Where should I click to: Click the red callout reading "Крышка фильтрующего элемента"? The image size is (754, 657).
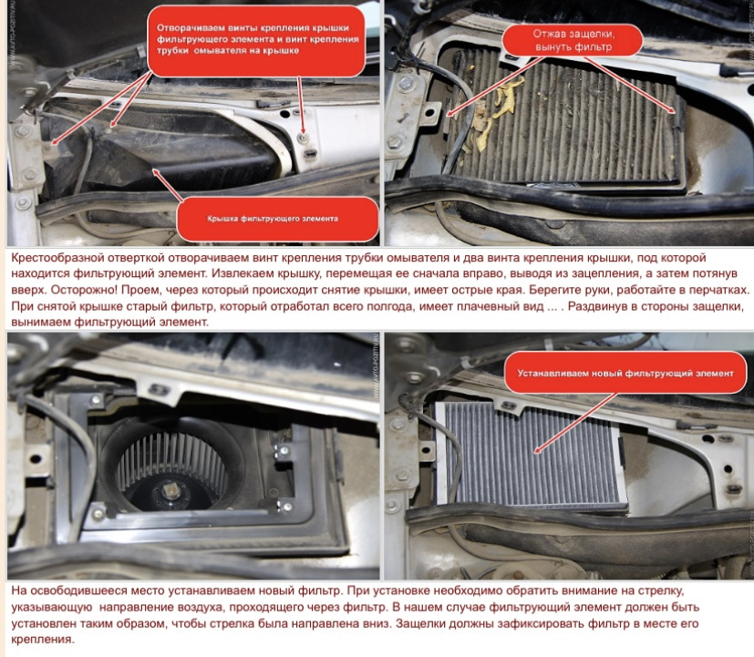coord(277,219)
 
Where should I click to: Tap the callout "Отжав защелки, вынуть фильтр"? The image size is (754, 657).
coord(573,40)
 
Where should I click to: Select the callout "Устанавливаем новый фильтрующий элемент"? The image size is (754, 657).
coord(625,373)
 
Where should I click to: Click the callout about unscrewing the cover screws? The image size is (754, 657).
coord(257,40)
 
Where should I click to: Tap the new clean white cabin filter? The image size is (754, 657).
coord(532,454)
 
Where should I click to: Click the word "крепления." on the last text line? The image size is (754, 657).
coord(42,640)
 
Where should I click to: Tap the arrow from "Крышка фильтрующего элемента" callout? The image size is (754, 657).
coord(169,185)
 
